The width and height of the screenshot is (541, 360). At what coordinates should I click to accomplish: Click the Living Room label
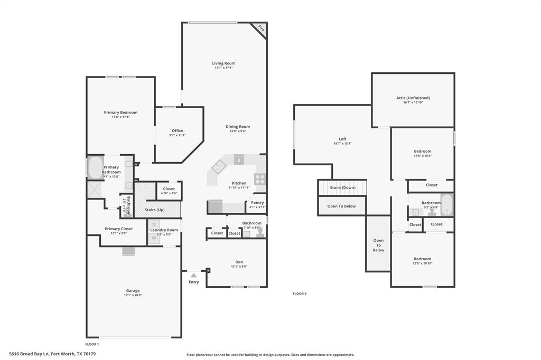(224, 63)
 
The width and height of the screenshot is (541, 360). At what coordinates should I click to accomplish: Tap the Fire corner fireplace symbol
(260, 29)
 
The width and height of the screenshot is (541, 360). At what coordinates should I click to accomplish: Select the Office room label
(178, 131)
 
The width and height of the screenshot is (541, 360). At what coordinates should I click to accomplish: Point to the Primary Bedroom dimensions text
(120, 117)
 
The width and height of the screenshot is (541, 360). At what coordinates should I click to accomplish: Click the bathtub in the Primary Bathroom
(96, 168)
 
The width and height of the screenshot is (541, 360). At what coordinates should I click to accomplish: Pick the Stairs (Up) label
(154, 210)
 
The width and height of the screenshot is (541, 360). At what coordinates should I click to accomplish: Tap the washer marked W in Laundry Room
(154, 238)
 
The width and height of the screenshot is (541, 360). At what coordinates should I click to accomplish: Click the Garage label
(133, 291)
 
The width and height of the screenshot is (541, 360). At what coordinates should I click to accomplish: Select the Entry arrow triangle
(194, 275)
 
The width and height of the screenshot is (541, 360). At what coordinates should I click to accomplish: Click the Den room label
(239, 262)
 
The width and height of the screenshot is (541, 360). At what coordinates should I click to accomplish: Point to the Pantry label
(257, 203)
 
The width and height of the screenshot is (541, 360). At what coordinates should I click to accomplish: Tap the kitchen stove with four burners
(260, 179)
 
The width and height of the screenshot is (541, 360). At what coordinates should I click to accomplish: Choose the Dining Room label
(238, 127)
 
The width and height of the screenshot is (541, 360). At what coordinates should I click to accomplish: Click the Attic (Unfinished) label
(413, 98)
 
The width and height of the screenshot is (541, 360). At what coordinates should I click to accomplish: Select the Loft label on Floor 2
(342, 139)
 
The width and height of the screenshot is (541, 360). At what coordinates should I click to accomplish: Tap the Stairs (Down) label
(342, 187)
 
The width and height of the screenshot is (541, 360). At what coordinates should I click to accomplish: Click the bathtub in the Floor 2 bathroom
(447, 205)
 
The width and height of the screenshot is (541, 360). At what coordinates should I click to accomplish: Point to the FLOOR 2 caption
(300, 293)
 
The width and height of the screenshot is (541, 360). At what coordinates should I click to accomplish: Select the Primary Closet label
(118, 229)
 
